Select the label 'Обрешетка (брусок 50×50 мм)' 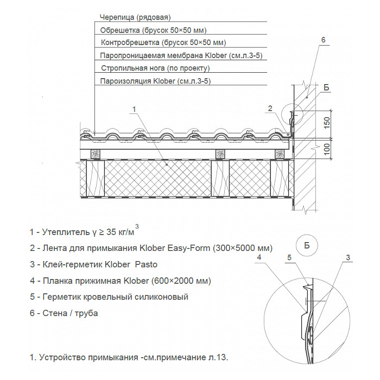(154, 30)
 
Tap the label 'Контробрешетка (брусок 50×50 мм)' (163, 42)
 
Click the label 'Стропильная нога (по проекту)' (155, 68)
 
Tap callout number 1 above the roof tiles (134, 109)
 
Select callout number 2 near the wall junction (269, 109)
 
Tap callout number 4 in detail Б (260, 257)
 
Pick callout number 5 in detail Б (290, 257)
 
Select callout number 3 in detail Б (347, 257)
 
